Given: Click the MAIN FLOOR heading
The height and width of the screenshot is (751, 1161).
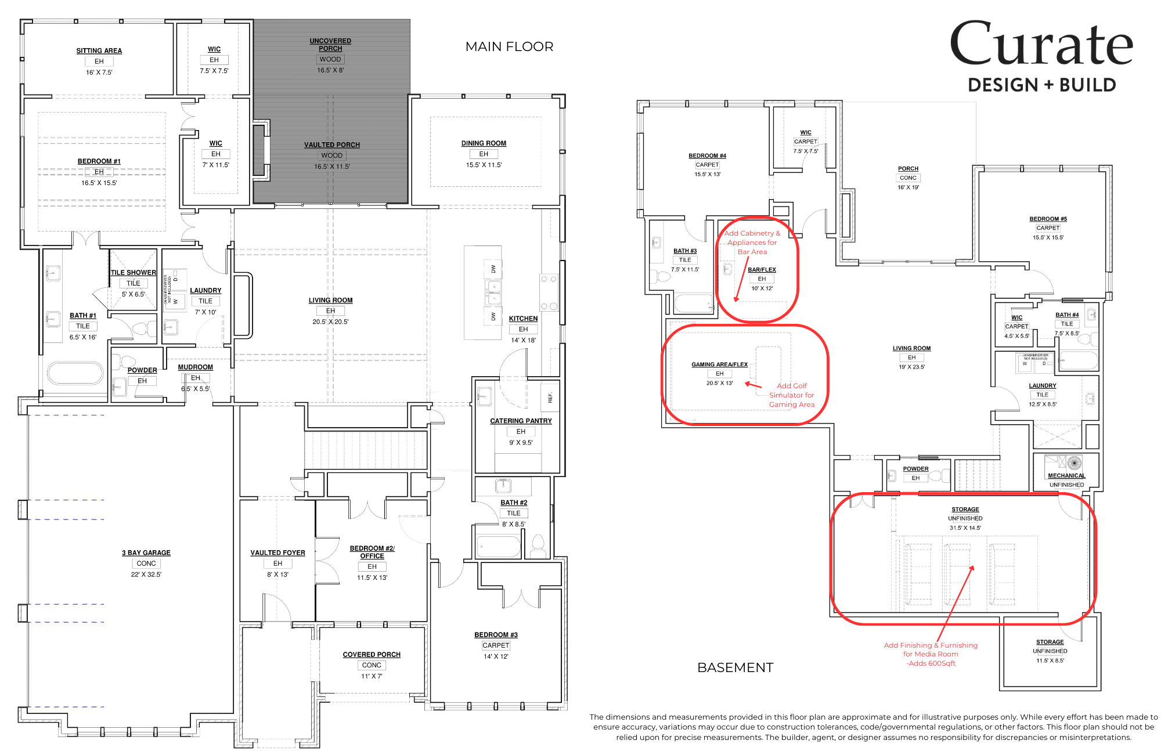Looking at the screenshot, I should coord(509,46).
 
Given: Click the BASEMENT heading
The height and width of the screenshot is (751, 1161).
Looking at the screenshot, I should coord(735,667).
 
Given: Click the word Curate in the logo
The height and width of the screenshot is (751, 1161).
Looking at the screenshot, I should coord(1041,45).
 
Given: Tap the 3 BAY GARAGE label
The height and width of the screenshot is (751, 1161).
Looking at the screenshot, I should coord(146,553).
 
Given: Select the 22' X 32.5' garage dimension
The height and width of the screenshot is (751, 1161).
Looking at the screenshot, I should coord(146,575).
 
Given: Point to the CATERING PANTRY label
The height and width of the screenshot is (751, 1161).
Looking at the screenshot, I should coord(521,421).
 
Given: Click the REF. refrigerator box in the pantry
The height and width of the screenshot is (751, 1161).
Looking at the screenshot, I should coord(550,398).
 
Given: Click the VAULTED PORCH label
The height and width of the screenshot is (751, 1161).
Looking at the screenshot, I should coord(332,145).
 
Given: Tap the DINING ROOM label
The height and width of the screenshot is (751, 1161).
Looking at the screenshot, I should coord(484,143).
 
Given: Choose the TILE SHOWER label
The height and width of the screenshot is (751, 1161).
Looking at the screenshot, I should coord(134,273).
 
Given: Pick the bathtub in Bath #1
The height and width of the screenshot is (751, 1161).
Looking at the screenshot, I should coord(75,373).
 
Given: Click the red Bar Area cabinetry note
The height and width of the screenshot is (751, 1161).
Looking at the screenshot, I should coord(752,243).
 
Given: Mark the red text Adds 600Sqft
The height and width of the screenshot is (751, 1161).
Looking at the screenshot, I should coord(931,663).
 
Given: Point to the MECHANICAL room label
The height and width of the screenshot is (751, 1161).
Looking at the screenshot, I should coord(1066,475).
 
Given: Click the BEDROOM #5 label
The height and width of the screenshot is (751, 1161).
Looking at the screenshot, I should coord(1048,219).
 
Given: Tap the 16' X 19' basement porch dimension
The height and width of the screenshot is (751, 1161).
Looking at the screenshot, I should coord(908,187).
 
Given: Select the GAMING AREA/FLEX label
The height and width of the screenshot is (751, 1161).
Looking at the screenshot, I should coord(719,364).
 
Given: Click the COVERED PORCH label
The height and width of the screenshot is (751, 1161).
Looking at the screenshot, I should coord(372,655).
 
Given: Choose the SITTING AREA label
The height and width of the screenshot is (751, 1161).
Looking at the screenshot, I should coord(99,51).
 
